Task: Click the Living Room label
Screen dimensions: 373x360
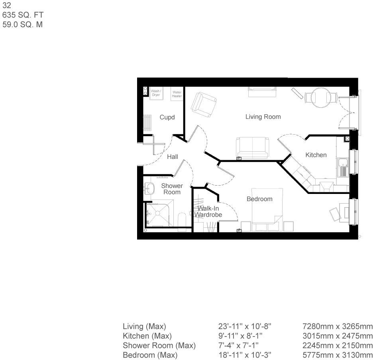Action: coord(263,117)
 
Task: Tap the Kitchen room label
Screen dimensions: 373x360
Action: coord(316,155)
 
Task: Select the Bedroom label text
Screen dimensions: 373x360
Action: coord(259,199)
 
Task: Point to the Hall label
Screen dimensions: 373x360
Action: coord(173,157)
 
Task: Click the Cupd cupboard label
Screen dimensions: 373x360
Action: coord(167,117)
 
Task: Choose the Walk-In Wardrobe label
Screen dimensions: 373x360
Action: coord(208,211)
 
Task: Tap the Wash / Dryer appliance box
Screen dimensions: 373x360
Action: coord(156,94)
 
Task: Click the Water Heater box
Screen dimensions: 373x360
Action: coord(177,94)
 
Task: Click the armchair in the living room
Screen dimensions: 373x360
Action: coord(204,105)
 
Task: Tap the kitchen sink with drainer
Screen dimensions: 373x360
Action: coord(343,167)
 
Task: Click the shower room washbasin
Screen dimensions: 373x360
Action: coord(149,188)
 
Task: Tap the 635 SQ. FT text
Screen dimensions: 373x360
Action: coord(23,15)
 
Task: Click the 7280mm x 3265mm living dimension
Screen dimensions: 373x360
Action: coord(338,326)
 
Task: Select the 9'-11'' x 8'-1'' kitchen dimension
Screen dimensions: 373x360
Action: coord(240,336)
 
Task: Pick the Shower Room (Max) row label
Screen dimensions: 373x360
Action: coord(159,346)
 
